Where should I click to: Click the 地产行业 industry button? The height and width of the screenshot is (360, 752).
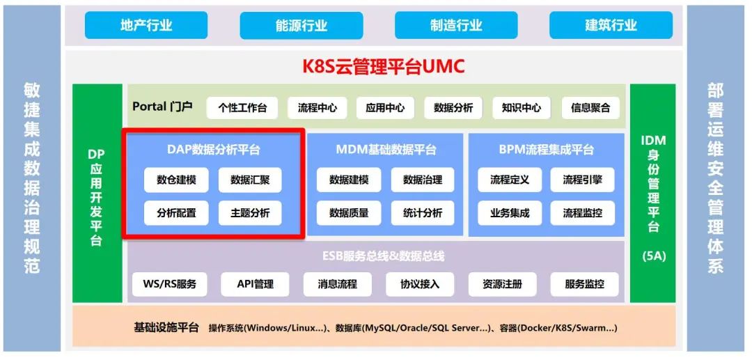[146, 25]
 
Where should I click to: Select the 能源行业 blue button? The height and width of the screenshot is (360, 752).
[301, 25]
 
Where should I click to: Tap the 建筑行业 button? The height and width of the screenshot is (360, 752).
[611, 25]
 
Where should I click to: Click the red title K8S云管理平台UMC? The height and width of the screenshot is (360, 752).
[384, 67]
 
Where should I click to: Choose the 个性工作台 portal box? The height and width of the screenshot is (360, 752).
[242, 108]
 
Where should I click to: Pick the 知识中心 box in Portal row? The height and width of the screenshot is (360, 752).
[522, 108]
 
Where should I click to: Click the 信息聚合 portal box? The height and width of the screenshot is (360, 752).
[590, 108]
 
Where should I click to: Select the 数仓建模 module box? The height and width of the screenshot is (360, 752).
[176, 180]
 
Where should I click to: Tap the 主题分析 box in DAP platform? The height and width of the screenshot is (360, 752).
[250, 213]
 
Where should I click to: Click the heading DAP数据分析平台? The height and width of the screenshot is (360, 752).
[214, 150]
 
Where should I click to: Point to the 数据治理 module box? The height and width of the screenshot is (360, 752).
[423, 180]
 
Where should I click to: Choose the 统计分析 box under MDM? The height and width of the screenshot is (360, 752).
[423, 213]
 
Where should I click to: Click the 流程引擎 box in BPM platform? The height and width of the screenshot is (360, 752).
[583, 180]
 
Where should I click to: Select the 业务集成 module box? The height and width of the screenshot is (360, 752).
[510, 213]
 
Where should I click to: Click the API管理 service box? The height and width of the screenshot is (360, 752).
[255, 284]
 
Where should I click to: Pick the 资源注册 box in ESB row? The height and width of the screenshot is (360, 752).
[502, 284]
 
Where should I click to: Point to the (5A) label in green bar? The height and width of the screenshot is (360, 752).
[654, 256]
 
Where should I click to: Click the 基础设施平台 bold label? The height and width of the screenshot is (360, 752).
[166, 328]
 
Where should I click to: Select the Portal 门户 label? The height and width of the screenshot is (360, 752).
[162, 106]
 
